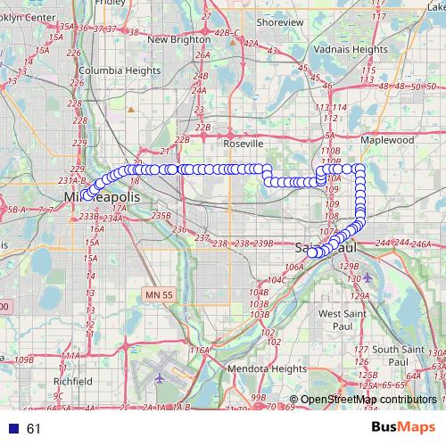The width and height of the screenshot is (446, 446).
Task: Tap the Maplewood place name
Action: [x=387, y=140]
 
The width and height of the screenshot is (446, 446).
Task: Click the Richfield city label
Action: [x=71, y=381]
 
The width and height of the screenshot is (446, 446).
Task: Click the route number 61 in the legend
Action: [x=34, y=429]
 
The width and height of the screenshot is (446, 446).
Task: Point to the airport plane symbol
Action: [x=161, y=377]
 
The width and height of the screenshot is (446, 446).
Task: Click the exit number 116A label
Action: [x=198, y=351]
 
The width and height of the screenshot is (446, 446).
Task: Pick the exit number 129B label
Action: [x=349, y=266]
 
